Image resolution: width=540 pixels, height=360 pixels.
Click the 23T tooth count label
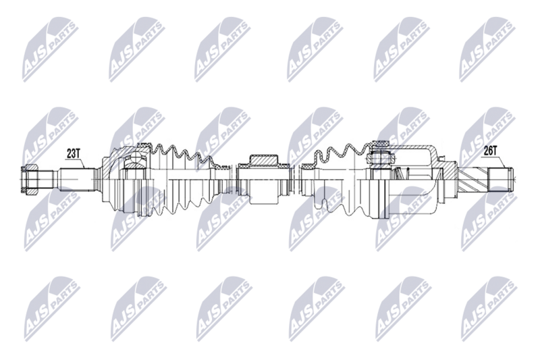coord(73,153)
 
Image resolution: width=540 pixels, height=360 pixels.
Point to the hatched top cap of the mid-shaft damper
coord(265,159)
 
